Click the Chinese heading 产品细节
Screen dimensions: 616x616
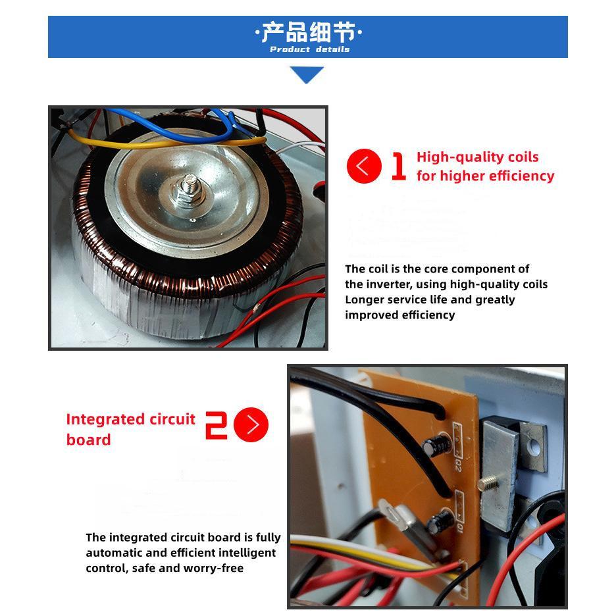(x=309, y=32)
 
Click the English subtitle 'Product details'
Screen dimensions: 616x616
(x=309, y=49)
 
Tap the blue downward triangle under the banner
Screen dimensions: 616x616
(x=307, y=74)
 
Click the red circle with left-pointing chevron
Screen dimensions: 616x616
(x=364, y=167)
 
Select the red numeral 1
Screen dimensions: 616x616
(x=399, y=167)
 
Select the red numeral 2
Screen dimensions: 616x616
(x=216, y=425)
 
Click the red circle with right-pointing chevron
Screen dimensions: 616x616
(x=251, y=424)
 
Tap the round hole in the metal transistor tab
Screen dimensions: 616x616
(x=534, y=447)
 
